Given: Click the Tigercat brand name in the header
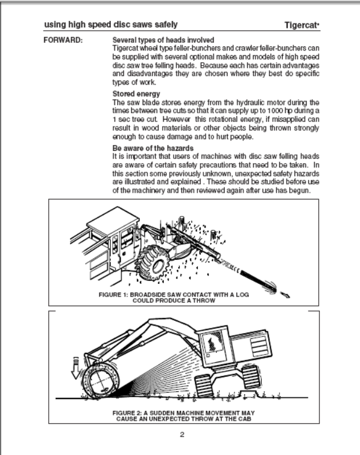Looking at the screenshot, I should click(x=301, y=25).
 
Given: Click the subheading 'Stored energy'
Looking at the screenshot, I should click(x=136, y=93).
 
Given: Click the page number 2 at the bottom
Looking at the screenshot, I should click(x=181, y=434).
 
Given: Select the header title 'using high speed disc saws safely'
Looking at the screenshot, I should click(x=111, y=25).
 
